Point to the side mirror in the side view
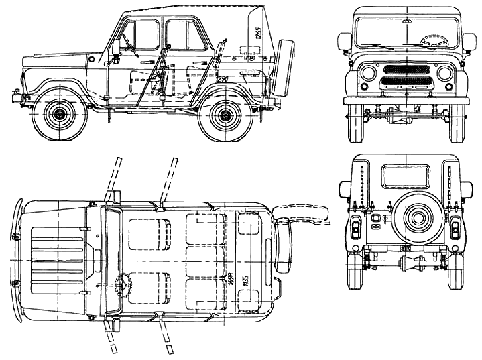click(x=116, y=46)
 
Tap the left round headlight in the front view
click(x=367, y=73)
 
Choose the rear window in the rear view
click(x=406, y=178)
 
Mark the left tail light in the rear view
click(x=353, y=229)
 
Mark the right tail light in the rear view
click(x=456, y=229)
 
